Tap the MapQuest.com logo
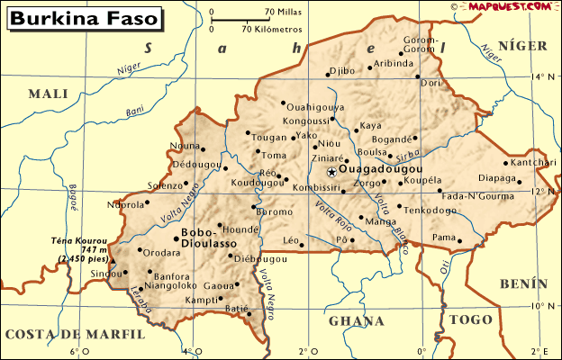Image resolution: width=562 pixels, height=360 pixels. (509, 7)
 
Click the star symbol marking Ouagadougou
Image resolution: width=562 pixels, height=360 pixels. (331, 171)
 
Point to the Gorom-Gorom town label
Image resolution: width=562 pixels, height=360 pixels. (420, 45)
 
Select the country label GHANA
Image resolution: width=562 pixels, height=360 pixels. (358, 320)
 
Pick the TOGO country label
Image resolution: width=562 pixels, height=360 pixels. (469, 320)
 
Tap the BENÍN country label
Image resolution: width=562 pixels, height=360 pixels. (522, 283)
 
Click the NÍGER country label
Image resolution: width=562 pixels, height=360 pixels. (523, 45)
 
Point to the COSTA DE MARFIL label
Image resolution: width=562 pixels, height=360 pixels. (75, 334)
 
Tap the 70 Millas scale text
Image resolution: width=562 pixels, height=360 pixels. (282, 11)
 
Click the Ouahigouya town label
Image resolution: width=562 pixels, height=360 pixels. (315, 106)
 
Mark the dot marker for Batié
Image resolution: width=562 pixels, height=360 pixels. (249, 314)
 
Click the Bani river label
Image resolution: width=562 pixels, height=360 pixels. (136, 112)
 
